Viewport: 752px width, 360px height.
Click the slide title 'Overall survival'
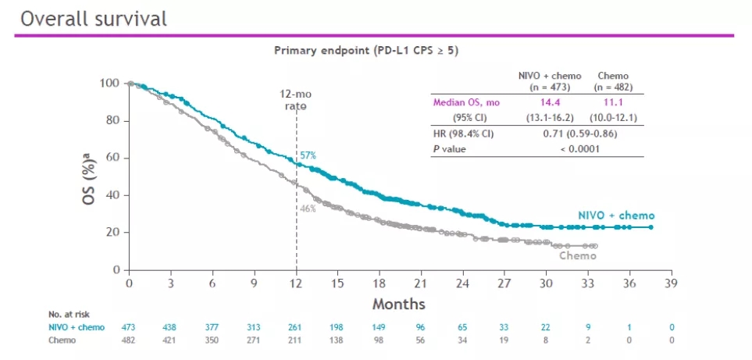(x=94, y=19)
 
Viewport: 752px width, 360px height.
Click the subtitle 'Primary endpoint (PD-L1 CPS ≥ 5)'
(x=365, y=50)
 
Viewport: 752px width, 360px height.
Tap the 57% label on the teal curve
(x=308, y=155)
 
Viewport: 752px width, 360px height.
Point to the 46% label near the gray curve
(x=308, y=209)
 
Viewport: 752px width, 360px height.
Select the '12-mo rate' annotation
(x=296, y=99)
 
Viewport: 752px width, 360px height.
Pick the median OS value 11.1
(x=613, y=102)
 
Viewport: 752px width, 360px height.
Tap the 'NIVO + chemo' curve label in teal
(x=616, y=215)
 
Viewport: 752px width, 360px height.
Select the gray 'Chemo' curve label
(x=578, y=255)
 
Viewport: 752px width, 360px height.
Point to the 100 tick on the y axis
(x=110, y=83)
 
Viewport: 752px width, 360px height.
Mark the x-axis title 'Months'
(x=398, y=304)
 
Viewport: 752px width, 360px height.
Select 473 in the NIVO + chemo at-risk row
(x=129, y=327)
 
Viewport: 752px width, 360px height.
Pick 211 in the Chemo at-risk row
(x=296, y=340)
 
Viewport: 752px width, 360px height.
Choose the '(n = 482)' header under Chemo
(x=613, y=87)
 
